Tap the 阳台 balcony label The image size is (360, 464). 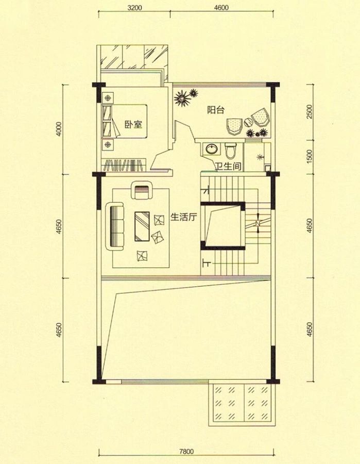point(215,109)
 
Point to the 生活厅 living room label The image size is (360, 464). point(183,217)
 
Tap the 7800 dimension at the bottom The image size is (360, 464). point(186,452)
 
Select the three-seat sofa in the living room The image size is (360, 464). point(115,226)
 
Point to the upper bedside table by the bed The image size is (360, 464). point(108,97)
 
